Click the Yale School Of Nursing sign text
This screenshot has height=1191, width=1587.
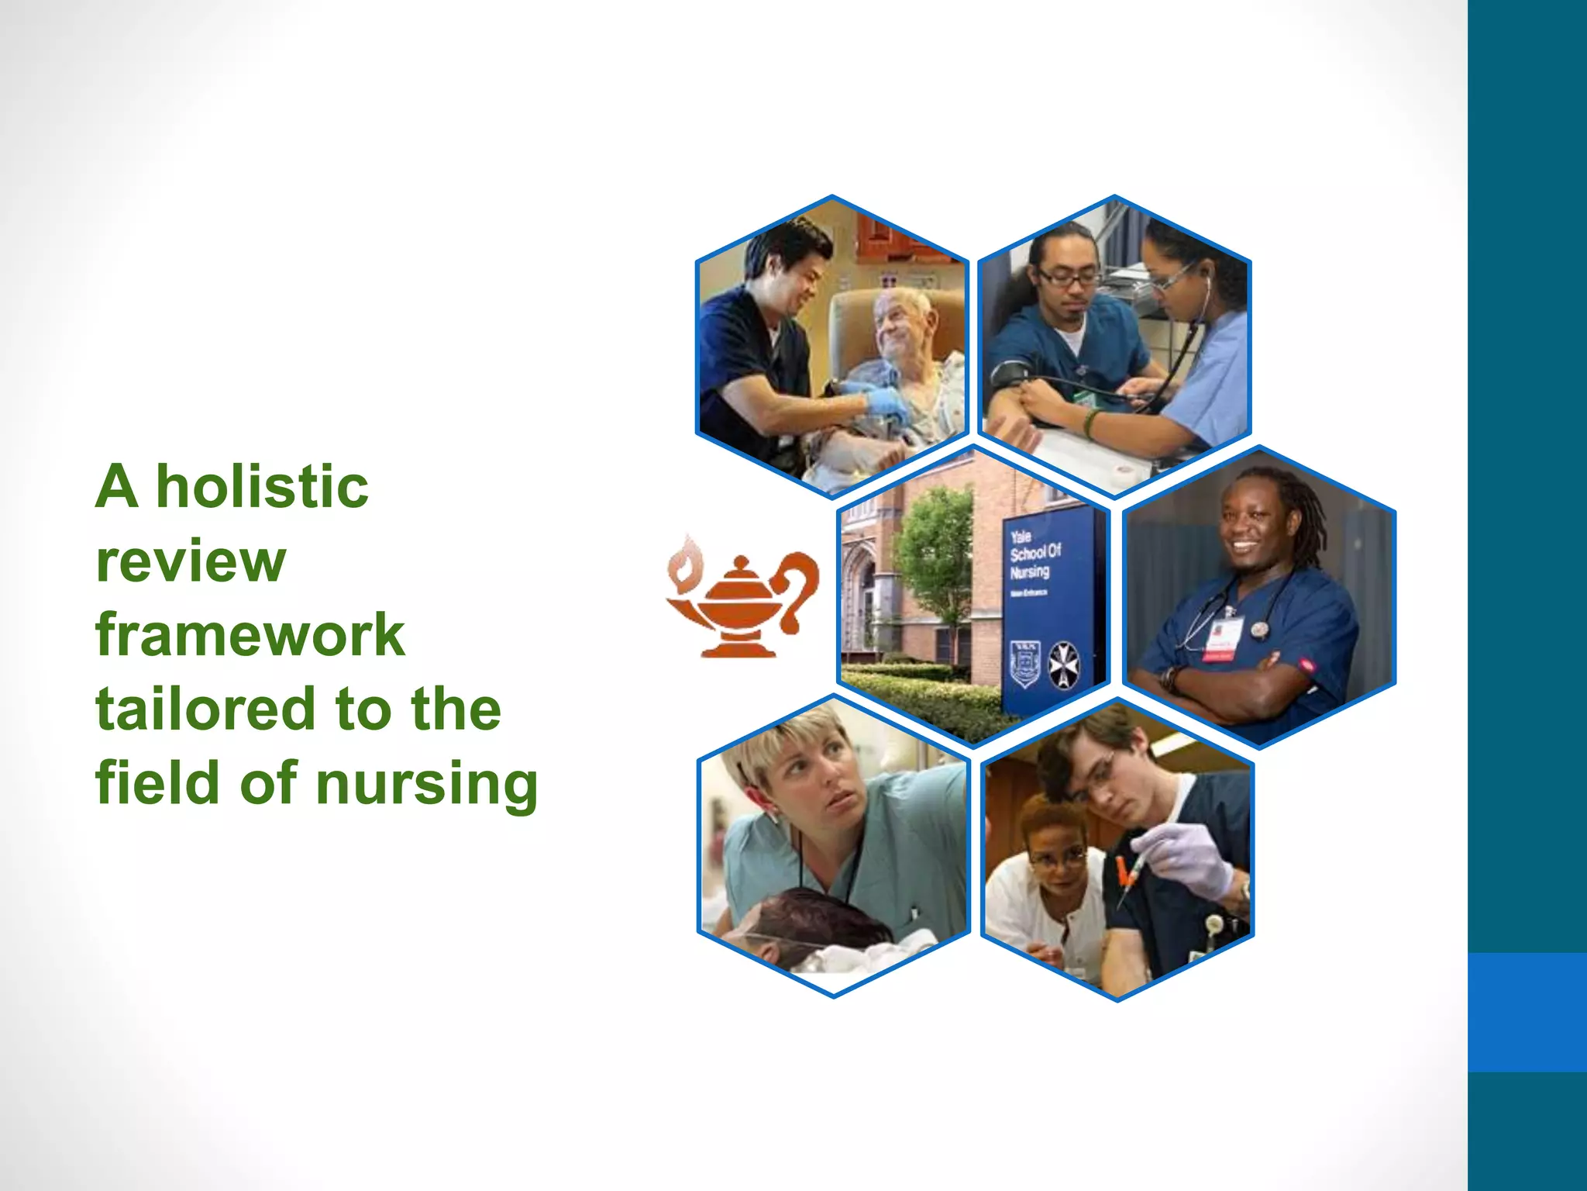point(1034,554)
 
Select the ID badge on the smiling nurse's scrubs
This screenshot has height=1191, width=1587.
point(1222,639)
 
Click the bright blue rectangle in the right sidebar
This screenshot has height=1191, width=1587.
point(1527,1012)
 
